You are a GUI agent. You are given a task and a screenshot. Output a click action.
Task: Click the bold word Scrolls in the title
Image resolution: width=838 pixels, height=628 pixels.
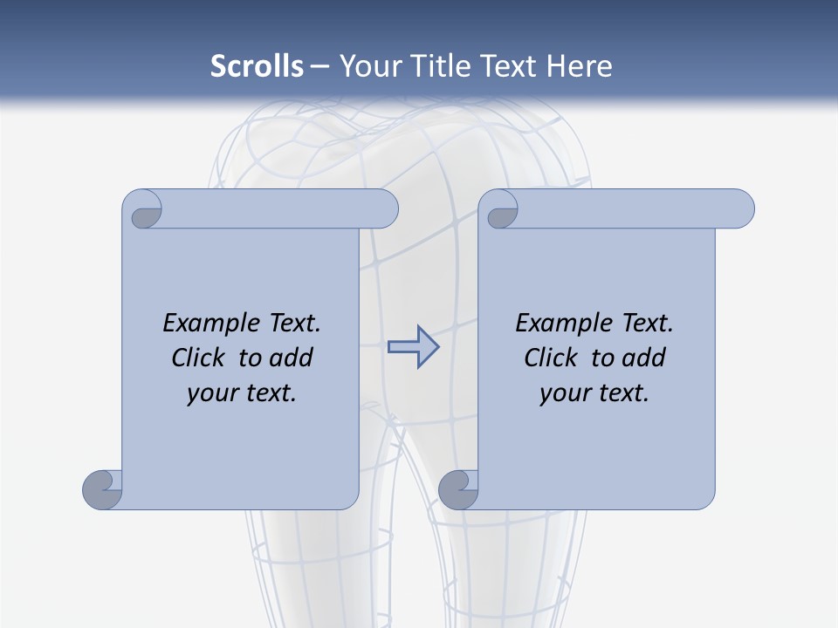(258, 66)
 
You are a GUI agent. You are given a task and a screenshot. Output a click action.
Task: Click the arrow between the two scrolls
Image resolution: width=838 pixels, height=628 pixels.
(413, 347)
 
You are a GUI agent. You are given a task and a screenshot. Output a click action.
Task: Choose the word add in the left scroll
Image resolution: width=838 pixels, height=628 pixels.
(292, 358)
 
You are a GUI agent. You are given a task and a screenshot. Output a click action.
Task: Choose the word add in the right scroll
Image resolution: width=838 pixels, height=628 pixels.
(644, 358)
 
